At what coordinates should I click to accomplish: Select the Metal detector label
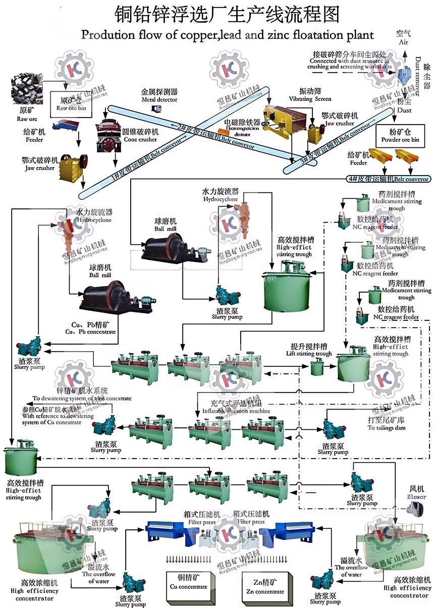click(x=159, y=96)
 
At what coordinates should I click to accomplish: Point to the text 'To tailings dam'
click(x=386, y=427)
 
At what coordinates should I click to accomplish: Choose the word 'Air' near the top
click(x=403, y=42)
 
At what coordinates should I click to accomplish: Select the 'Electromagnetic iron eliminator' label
click(x=242, y=126)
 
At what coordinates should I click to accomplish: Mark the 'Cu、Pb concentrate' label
click(x=90, y=328)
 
